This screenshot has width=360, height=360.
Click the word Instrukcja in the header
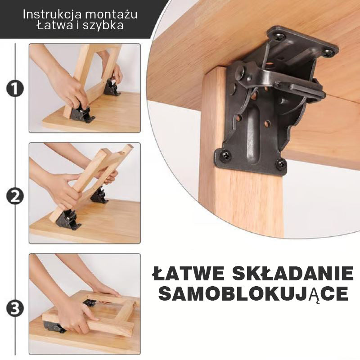[x=52, y=14]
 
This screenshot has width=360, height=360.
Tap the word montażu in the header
[x=111, y=14]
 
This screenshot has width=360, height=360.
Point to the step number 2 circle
[x=15, y=197]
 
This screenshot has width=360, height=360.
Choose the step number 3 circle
[x=15, y=309]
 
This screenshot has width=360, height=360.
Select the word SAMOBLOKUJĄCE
[x=253, y=294]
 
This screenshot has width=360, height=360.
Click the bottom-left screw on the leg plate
[x=225, y=154]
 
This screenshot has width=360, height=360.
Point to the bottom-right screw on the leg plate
[x=280, y=164]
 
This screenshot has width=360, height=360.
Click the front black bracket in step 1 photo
[x=82, y=114]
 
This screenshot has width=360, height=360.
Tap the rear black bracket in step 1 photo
[x=111, y=87]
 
